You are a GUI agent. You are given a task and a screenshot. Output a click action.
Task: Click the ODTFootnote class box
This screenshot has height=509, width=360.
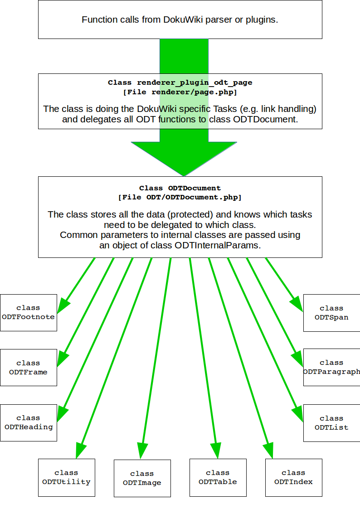point(29,312)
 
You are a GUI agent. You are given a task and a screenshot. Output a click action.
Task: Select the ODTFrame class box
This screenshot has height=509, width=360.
point(29,368)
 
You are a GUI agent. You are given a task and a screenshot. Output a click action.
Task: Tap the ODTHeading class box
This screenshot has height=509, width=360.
point(29,422)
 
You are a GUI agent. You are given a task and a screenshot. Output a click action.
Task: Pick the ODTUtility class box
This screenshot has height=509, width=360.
point(67,477)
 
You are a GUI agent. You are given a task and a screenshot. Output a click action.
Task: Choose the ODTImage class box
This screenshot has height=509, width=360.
point(142,478)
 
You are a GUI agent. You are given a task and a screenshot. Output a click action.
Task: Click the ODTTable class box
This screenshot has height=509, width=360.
point(218,477)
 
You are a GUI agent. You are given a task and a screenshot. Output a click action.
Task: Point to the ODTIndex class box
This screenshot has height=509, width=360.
point(293,477)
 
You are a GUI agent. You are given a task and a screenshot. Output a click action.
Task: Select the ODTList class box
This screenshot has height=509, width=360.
point(331,423)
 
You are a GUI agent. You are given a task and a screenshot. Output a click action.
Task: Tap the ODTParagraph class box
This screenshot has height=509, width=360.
point(331,367)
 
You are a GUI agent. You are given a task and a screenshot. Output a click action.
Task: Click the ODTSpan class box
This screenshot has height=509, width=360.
point(331,313)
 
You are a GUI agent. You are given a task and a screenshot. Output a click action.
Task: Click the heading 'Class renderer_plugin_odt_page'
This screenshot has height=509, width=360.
point(180,82)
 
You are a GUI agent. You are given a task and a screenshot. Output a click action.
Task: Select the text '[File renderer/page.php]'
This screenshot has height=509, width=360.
point(180,92)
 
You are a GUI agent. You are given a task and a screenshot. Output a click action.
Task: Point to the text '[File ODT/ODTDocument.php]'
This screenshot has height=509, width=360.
point(180,197)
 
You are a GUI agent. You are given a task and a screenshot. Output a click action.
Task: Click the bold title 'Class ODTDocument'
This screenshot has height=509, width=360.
point(180,188)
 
